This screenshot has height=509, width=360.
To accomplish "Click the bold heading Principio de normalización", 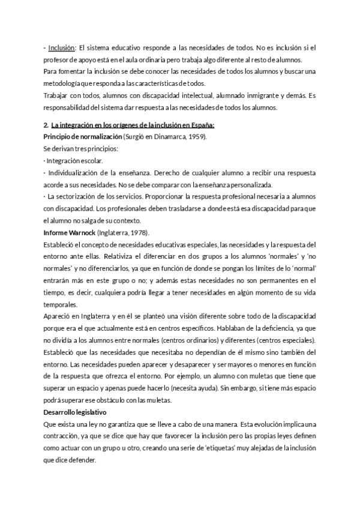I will point(83,137).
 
